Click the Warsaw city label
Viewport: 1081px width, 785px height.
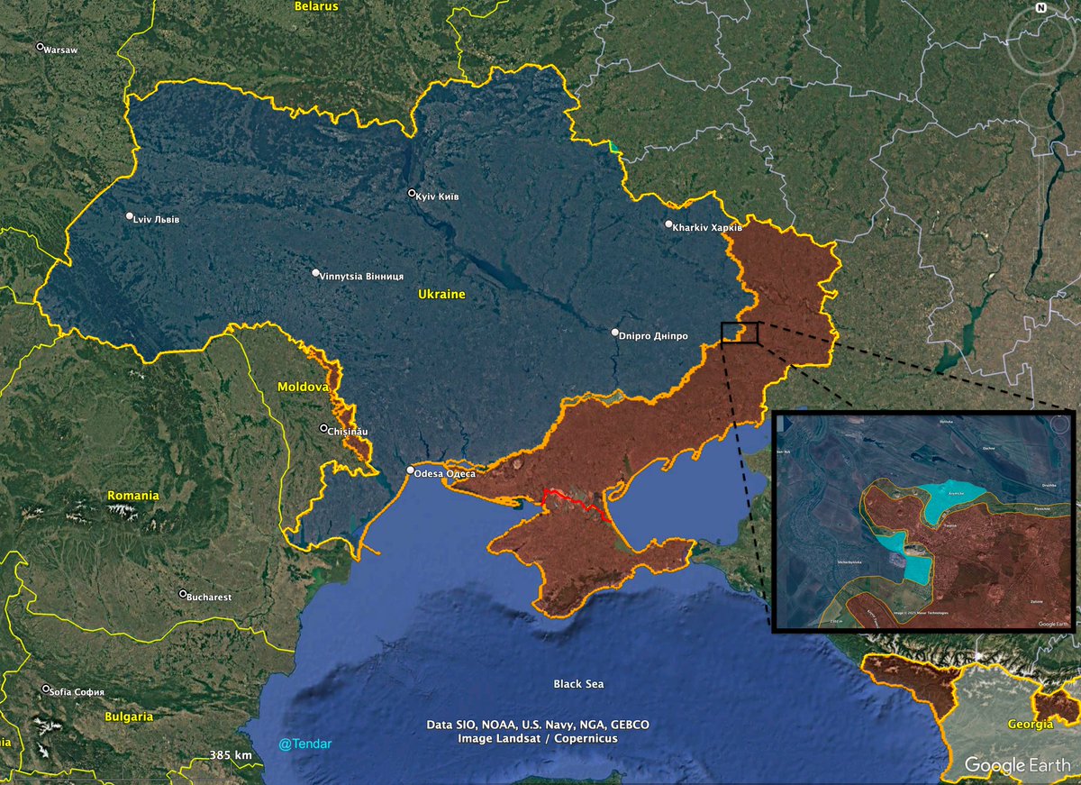click(60, 50)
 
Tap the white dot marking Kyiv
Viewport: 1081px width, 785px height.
click(412, 193)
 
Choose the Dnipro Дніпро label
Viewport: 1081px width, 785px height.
click(654, 335)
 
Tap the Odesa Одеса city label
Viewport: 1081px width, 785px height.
click(445, 472)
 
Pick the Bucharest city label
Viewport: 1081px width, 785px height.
click(210, 597)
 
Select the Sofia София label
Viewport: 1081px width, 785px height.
click(78, 691)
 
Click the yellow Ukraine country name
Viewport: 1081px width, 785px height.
click(441, 295)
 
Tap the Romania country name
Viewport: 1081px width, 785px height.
click(132, 496)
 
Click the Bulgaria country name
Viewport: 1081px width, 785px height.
click(128, 717)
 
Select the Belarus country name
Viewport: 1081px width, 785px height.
click(316, 6)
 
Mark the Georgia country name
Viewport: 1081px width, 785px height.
click(1031, 725)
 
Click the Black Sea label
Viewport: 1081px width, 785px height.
click(578, 684)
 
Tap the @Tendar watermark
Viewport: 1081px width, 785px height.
click(305, 744)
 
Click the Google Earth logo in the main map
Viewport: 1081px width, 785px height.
click(1018, 765)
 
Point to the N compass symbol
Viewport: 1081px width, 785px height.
click(1040, 8)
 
